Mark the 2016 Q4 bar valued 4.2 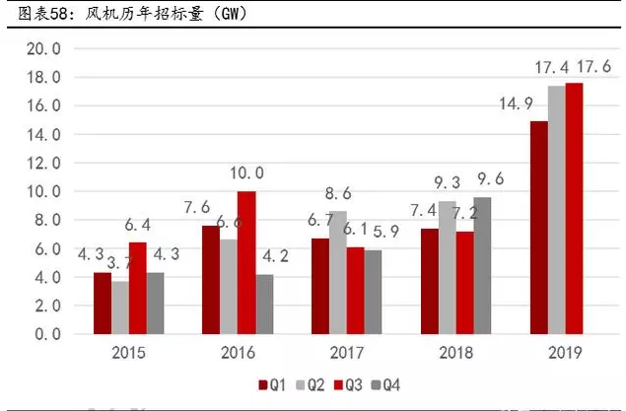(264, 305)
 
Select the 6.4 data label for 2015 (140, 225)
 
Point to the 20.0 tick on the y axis (42, 48)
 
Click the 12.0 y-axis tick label (42, 163)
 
